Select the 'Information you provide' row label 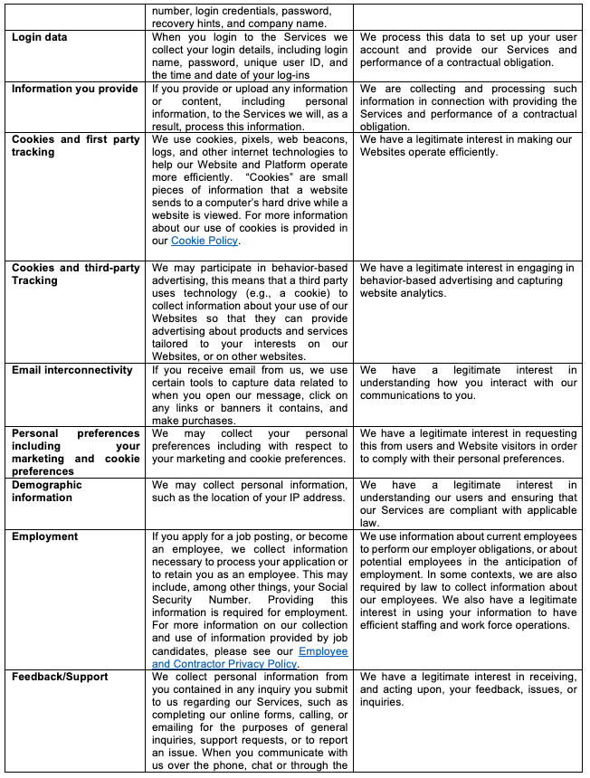(x=75, y=89)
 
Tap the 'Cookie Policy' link (x=205, y=241)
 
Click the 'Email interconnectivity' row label (x=72, y=370)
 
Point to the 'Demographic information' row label (x=47, y=491)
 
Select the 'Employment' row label (x=44, y=536)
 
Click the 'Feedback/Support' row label (x=60, y=677)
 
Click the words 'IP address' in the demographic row (x=314, y=498)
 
